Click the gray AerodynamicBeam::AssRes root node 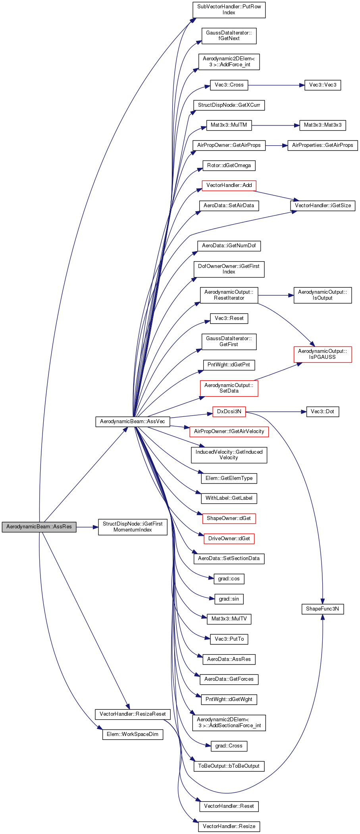pos(39,527)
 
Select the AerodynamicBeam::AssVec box pos(133,422)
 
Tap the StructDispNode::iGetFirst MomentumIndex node pos(133,527)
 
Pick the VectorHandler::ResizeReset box pos(133,714)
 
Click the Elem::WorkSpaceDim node pos(133,734)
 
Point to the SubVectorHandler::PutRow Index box pos(229,10)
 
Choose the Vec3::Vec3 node pos(323,85)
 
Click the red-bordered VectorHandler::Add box pos(229,185)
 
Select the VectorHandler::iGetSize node pos(323,206)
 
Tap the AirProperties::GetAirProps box pos(323,145)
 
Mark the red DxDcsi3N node pos(229,412)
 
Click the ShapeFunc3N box pos(323,609)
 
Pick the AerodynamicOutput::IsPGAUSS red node pos(323,354)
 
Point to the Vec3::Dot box pos(323,412)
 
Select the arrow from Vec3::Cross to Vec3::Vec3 pos(276,85)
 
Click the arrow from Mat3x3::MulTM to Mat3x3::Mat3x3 pos(275,125)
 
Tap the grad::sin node pos(229,599)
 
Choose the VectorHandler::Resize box pos(229,826)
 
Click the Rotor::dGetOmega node pos(229,166)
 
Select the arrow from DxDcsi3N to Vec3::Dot pos(276,412)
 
